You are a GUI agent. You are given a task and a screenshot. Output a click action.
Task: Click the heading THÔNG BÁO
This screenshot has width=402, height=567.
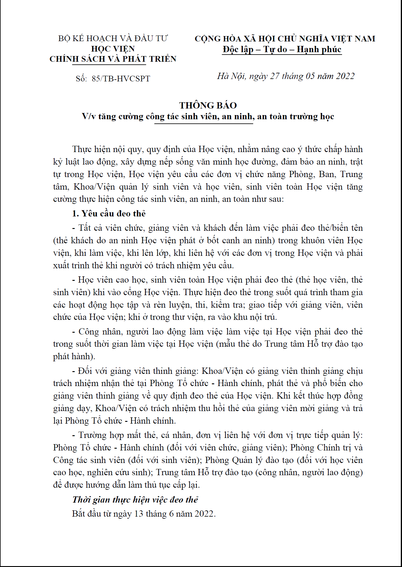point(208,105)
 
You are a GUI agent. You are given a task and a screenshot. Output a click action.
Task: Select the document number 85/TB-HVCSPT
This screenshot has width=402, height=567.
point(121,79)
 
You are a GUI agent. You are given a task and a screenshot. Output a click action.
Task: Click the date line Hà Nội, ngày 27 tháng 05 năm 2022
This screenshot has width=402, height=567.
point(286,76)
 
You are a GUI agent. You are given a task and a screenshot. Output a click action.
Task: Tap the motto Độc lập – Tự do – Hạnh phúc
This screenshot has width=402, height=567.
point(282,49)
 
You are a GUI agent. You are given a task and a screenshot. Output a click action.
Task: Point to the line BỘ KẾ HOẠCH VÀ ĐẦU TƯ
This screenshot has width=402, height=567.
point(113,38)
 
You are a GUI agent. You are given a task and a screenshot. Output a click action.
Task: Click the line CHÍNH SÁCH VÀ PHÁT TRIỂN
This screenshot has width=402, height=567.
point(113,59)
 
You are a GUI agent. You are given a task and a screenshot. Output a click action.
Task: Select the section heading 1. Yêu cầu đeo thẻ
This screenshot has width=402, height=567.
point(109,213)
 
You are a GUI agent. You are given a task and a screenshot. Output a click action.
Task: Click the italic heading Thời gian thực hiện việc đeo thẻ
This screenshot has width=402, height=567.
point(135,500)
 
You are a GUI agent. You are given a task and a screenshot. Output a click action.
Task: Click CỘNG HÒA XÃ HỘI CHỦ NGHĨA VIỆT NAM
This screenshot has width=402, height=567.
point(285,38)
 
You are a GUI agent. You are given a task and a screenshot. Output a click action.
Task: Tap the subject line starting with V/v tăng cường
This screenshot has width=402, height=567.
point(208,116)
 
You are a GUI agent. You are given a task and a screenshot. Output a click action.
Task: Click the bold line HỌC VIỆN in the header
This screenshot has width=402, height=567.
point(113,49)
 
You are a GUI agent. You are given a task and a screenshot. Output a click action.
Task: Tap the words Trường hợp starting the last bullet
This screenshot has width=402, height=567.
point(101,435)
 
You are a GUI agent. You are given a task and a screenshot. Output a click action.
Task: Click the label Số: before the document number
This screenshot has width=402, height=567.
point(81,79)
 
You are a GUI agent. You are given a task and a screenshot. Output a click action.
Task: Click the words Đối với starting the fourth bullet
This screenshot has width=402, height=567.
point(93,371)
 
